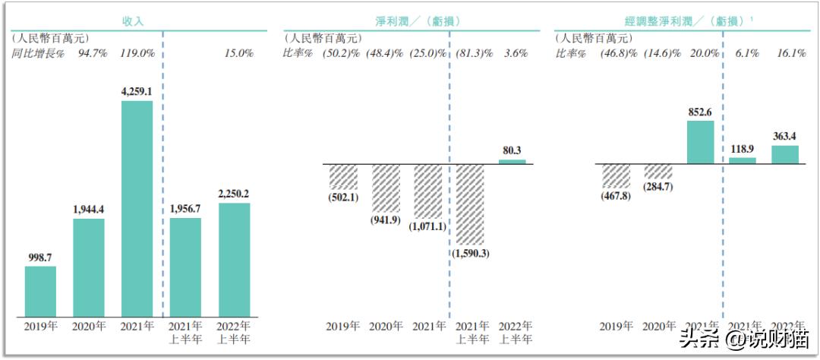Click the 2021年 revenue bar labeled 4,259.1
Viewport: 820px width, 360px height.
coord(137,209)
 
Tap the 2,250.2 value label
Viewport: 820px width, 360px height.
coord(234,194)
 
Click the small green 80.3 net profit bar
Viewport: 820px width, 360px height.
coord(512,161)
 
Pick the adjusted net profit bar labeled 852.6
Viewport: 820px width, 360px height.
coord(700,142)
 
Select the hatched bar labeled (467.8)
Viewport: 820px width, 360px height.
coord(616,175)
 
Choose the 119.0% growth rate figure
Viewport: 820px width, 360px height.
coord(137,54)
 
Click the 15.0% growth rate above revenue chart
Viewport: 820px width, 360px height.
coord(238,54)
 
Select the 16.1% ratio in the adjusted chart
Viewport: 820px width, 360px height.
coord(788,54)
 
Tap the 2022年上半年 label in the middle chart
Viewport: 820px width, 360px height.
coord(515,333)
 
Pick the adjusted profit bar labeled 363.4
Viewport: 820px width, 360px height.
coord(785,154)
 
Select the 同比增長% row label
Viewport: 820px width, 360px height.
coord(38,54)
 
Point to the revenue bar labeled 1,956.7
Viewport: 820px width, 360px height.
coord(185,267)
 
